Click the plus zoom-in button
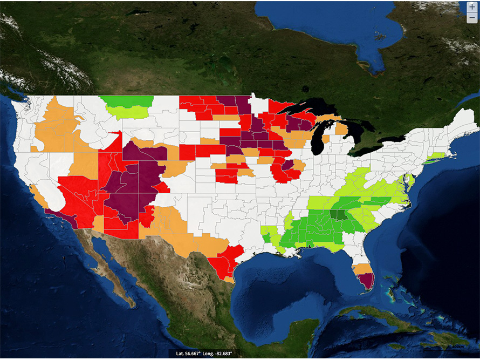coord(472,7)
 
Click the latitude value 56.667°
coord(196,354)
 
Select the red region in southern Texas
coord(224,262)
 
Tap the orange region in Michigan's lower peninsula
coord(341,130)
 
